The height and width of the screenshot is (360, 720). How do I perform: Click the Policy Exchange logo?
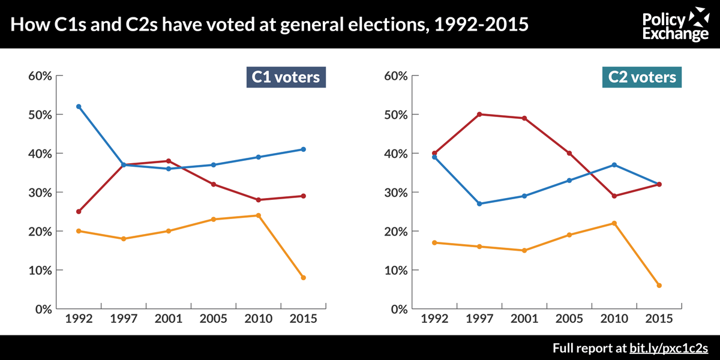point(676,25)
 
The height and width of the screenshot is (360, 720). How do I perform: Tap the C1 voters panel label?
point(286,77)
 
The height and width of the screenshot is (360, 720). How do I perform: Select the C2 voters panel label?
point(642,77)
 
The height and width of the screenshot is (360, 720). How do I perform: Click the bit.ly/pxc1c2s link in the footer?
point(668,348)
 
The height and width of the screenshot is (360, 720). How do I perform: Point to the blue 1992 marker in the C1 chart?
point(79,106)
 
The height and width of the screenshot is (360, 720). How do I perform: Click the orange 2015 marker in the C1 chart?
point(304,278)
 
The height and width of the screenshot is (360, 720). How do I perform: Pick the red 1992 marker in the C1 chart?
point(79,211)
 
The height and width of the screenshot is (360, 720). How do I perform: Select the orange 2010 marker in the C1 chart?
point(259,215)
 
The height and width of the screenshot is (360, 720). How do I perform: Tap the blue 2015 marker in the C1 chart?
point(304,149)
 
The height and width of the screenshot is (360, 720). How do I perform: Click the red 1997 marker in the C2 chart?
point(479,114)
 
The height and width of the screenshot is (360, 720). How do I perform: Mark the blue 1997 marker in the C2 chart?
point(479,204)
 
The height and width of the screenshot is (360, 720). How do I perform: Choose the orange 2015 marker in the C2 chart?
point(659,286)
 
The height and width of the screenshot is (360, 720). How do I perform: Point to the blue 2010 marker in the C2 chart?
point(614,165)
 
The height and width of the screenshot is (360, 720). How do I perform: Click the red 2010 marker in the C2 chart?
point(614,196)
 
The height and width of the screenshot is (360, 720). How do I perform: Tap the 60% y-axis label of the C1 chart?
point(40,76)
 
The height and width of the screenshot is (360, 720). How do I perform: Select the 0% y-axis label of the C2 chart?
point(400,309)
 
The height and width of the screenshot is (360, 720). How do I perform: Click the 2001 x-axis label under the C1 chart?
point(169,319)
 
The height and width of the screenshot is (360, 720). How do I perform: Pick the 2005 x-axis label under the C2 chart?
point(569,319)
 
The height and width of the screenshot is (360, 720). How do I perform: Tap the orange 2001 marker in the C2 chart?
point(524,250)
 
